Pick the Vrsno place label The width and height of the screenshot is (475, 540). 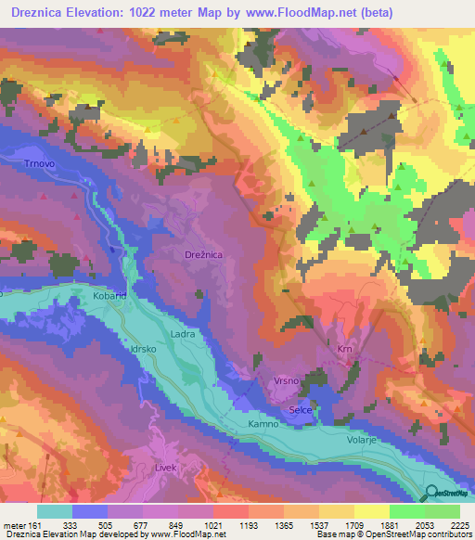click(x=285, y=380)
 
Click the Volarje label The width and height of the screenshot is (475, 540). click(x=364, y=442)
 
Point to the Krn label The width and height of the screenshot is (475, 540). click(x=345, y=349)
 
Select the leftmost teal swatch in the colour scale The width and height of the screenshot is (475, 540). click(x=55, y=511)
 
